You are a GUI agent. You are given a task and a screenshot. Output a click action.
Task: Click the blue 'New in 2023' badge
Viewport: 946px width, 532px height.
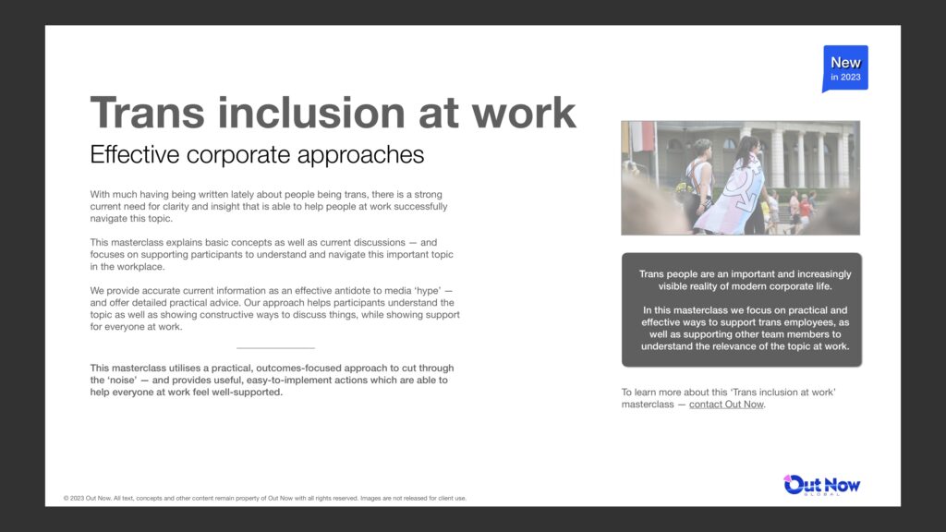tap(845, 68)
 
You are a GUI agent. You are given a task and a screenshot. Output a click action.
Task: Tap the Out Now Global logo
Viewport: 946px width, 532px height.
tap(821, 485)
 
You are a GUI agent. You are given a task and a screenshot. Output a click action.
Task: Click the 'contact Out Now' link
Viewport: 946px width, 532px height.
tap(726, 405)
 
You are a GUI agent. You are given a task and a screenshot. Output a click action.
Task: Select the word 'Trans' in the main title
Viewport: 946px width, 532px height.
tap(147, 112)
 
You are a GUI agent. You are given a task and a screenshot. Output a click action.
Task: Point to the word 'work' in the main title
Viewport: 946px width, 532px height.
tap(524, 112)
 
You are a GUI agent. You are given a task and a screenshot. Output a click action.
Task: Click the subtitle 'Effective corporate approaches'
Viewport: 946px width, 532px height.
tap(257, 155)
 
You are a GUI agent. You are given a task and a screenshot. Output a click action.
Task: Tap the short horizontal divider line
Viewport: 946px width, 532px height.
tap(275, 348)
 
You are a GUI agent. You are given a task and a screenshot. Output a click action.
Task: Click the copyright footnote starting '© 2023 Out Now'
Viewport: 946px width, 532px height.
tap(265, 498)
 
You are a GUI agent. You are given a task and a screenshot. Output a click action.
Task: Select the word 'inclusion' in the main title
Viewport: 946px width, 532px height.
tap(311, 112)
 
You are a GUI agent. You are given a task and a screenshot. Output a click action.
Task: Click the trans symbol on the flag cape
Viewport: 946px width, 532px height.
tap(742, 187)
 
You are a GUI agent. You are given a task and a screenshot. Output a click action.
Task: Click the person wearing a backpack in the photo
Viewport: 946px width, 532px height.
tap(698, 185)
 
